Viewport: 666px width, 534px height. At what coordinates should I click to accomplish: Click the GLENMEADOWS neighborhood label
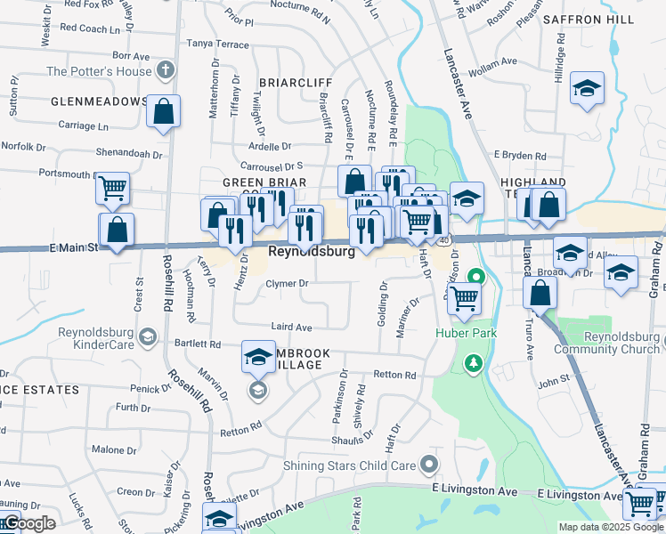click(99, 101)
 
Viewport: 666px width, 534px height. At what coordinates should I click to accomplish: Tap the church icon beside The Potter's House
click(165, 69)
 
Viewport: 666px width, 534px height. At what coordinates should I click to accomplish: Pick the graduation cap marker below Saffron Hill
click(587, 88)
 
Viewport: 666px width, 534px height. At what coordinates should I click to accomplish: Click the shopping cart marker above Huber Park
click(464, 300)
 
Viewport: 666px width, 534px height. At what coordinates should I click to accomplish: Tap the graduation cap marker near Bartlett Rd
click(258, 357)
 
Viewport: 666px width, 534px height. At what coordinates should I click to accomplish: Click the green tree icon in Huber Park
click(475, 362)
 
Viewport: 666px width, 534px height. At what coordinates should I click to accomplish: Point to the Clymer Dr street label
click(287, 284)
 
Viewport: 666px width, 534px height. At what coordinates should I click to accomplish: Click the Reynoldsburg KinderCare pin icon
click(148, 336)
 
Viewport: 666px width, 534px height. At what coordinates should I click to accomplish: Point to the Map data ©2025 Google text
click(610, 527)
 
